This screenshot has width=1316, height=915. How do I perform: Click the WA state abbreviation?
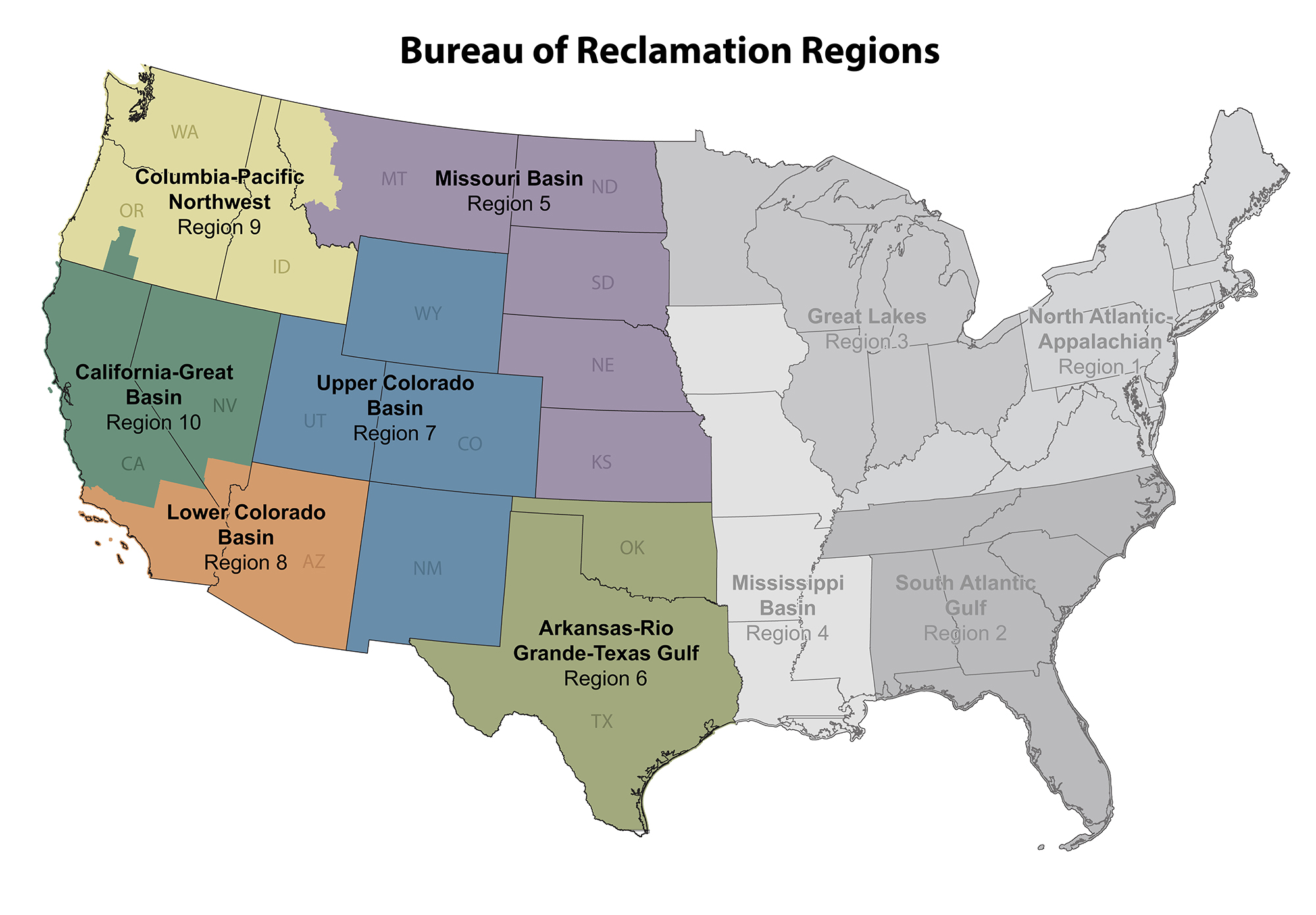(184, 132)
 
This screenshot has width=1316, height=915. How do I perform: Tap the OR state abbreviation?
(132, 211)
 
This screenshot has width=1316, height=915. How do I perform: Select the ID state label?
(281, 267)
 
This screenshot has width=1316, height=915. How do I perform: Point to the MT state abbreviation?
(393, 179)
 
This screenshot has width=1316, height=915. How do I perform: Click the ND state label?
(604, 187)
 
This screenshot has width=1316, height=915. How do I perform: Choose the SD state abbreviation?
(603, 284)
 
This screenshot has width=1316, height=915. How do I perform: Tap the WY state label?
(428, 314)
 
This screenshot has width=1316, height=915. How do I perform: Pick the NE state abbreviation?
(603, 366)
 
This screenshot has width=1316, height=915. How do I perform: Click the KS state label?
(601, 462)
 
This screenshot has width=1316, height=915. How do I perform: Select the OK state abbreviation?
(632, 548)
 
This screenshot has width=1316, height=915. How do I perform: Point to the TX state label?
(601, 722)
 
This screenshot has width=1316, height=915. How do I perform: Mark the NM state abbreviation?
(427, 568)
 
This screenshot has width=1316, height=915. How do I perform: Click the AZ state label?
(314, 562)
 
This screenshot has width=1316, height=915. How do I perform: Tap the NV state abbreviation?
(224, 406)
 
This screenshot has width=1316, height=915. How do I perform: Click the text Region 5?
(509, 204)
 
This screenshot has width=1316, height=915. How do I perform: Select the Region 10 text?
(153, 422)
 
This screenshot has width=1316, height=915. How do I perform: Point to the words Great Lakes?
(867, 316)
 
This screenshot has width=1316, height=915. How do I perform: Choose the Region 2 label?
(965, 633)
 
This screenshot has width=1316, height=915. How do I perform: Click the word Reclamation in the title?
(684, 51)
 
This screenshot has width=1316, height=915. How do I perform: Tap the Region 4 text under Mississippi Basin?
(787, 633)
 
